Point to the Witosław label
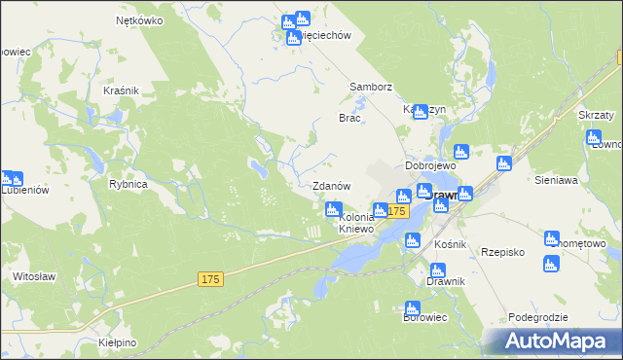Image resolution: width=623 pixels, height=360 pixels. click(x=32, y=276)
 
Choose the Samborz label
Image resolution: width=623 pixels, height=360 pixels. click(x=370, y=87)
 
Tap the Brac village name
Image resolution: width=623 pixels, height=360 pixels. click(x=349, y=118)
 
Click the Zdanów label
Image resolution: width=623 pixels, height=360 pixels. click(x=330, y=185)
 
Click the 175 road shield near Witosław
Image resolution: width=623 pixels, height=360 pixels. click(x=211, y=279)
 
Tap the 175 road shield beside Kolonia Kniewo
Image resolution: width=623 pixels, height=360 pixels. click(x=396, y=211)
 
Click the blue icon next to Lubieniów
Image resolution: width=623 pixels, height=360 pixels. click(x=11, y=179)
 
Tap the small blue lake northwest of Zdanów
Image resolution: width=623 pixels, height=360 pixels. click(x=258, y=168)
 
